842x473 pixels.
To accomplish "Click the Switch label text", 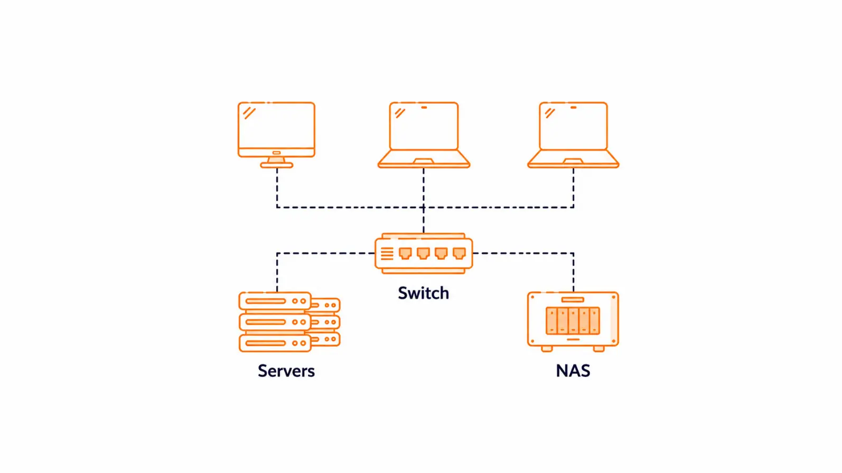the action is click(423, 293).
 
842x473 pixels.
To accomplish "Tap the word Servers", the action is click(286, 371).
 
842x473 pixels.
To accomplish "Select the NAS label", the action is click(573, 371).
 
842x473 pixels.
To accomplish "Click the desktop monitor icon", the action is click(276, 135).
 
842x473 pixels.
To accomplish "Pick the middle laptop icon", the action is click(424, 135).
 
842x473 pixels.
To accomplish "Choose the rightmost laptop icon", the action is click(573, 135).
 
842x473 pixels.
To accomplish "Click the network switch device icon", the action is click(424, 253).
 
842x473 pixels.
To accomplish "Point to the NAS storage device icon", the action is click(573, 321).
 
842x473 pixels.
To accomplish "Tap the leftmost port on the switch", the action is click(405, 253).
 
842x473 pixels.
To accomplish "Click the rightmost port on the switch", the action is click(459, 253).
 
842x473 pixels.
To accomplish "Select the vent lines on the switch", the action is click(387, 253).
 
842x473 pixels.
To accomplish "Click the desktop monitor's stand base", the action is click(276, 165).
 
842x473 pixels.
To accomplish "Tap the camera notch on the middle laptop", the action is click(424, 108).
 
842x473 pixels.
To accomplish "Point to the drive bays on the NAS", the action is click(573, 320).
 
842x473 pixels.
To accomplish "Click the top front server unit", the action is click(275, 301).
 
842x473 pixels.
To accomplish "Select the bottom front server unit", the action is click(275, 343).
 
